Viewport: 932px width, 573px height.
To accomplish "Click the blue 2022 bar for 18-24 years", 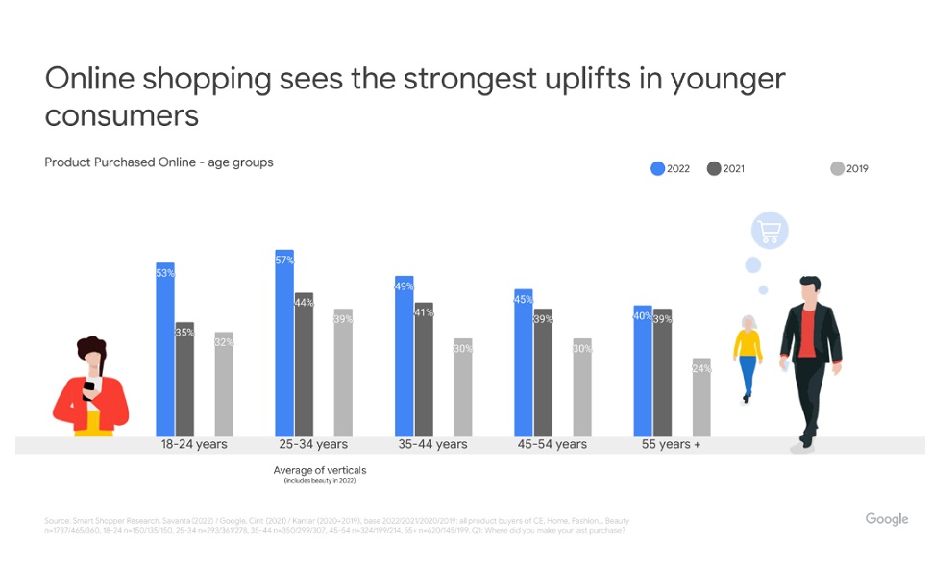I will click(x=165, y=351).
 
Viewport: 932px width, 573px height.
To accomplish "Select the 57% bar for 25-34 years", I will click(x=284, y=344).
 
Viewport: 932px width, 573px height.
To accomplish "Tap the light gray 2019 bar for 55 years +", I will click(x=701, y=398).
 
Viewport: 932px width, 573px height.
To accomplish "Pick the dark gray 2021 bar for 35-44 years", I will click(x=424, y=370).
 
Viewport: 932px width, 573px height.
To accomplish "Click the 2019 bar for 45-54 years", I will click(x=582, y=387).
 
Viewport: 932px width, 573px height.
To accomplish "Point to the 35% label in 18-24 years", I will click(x=184, y=333).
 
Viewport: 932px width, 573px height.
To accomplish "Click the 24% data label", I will click(x=701, y=368).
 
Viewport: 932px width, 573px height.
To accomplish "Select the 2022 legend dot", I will click(x=658, y=169).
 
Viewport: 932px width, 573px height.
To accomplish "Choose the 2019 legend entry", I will click(x=849, y=169).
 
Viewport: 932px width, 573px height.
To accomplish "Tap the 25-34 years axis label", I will click(x=313, y=445).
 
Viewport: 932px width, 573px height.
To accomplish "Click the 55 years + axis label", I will click(x=672, y=445).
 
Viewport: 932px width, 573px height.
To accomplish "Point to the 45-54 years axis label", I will click(x=552, y=445).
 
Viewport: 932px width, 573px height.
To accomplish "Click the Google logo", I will click(x=886, y=519).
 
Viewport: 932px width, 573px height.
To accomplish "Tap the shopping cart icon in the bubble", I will click(x=770, y=231).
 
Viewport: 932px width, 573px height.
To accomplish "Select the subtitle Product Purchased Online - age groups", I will click(x=159, y=162).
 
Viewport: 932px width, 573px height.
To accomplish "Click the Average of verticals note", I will click(x=320, y=471).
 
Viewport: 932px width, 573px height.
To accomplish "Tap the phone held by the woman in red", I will click(x=88, y=386).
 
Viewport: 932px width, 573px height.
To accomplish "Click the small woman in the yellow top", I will click(x=747, y=357).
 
